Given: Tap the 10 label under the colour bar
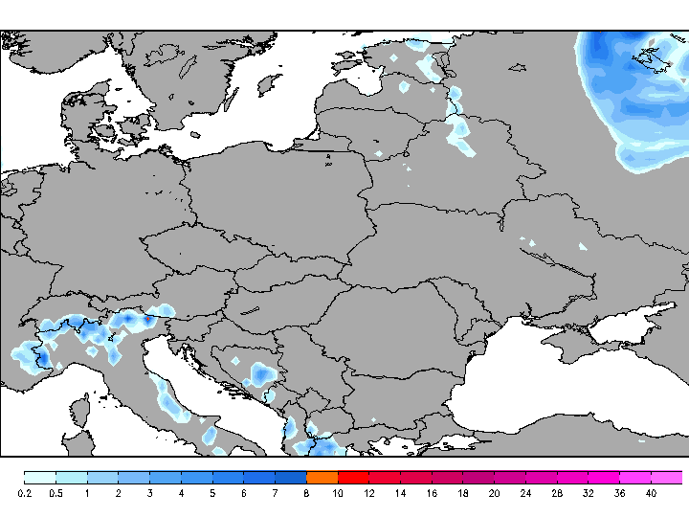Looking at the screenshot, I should (339, 493).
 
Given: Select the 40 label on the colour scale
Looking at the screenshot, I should (651, 493).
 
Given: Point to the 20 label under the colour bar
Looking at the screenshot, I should (494, 493).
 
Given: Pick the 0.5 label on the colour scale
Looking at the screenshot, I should (56, 493).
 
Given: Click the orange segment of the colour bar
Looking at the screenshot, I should (322, 477).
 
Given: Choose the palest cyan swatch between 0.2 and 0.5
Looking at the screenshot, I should (40, 477).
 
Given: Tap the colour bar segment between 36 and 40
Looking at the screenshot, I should (635, 477).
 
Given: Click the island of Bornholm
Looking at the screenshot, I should (194, 135).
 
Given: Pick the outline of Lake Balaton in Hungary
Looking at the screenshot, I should (250, 310).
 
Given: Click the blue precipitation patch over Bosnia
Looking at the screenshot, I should (258, 373).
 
